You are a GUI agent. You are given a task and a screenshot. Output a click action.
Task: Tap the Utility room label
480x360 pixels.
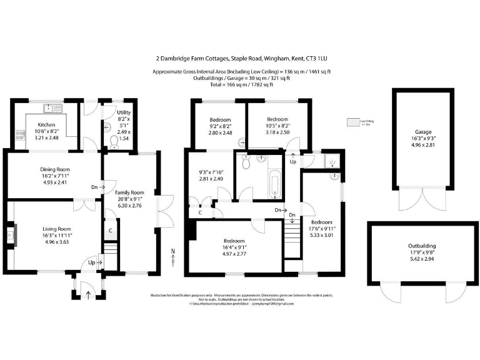(x=124, y=112)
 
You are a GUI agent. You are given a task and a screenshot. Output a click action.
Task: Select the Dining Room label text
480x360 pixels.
(x=55, y=169)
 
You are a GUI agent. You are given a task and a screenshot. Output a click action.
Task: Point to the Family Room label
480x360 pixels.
(x=129, y=192)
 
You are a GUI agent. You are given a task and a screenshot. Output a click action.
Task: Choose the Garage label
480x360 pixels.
(x=422, y=132)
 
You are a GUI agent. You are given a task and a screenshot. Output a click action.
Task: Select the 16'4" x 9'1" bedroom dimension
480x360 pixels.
(x=234, y=248)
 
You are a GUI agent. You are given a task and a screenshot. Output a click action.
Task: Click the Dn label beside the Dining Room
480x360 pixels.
(x=94, y=187)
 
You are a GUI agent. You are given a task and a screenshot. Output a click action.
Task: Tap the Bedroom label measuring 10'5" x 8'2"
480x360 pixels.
(x=277, y=119)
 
